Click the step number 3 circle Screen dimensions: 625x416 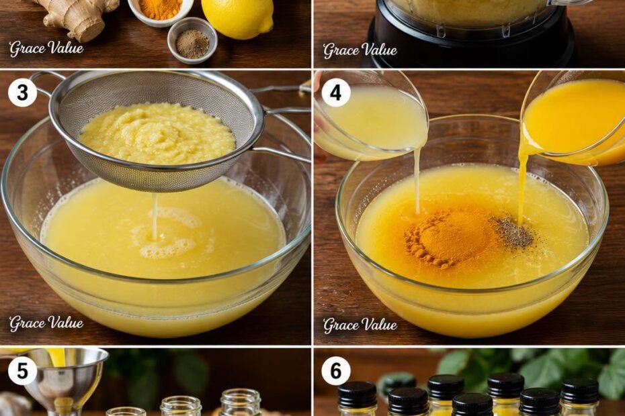(x=23, y=93)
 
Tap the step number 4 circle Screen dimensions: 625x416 (x=336, y=93)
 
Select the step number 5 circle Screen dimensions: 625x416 (x=23, y=371)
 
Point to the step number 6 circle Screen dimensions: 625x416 (x=336, y=371)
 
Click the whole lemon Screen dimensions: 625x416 (x=237, y=18)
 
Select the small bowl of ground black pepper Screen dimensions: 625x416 (x=192, y=40)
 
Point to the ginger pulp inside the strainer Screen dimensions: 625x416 (x=157, y=134)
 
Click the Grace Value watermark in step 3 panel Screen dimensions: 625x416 (x=46, y=323)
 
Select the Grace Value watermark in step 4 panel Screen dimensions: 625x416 (x=360, y=325)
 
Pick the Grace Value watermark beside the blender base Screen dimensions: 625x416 (x=360, y=50)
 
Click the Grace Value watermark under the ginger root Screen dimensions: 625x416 (x=46, y=48)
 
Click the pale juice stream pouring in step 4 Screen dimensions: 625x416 (x=417, y=180)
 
